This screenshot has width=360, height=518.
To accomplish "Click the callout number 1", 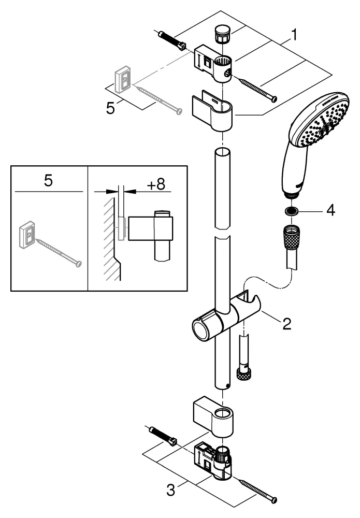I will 294,35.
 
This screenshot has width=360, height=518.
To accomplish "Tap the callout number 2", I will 286,324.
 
